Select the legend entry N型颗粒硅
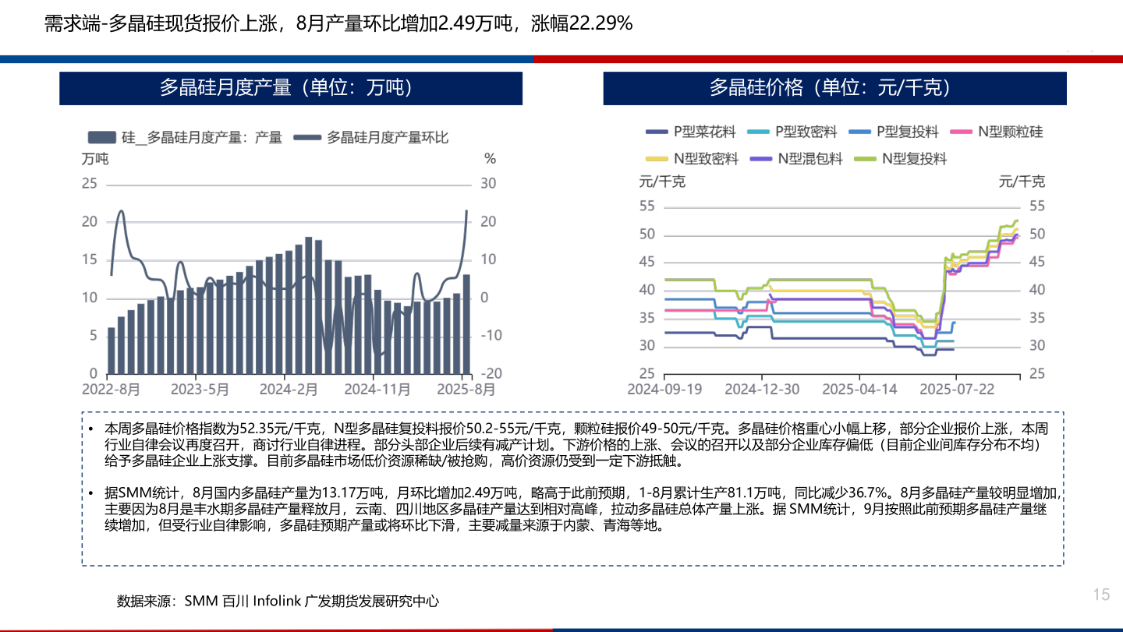pos(1010,132)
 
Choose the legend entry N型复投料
pos(914,158)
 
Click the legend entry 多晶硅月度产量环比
pos(387,138)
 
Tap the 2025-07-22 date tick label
pos(956,388)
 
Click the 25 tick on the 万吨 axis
pos(90,184)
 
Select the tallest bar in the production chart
pos(309,305)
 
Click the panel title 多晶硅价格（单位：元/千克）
pos(834,88)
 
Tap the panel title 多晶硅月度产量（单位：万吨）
pos(290,88)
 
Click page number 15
pos(1100,595)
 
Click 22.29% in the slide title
pos(600,24)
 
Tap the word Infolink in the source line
pos(277,601)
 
